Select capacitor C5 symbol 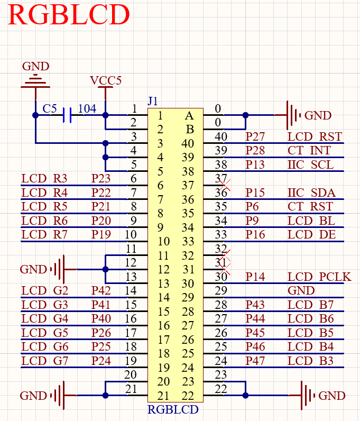click(x=67, y=115)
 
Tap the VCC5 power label click(x=106, y=81)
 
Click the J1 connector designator click(x=153, y=100)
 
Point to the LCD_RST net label click(x=315, y=137)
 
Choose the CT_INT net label click(x=309, y=151)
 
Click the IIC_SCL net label click(x=311, y=165)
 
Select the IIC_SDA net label click(x=311, y=193)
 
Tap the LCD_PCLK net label click(x=319, y=277)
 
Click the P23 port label click(x=101, y=179)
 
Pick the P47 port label click(x=256, y=361)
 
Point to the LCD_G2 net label click(x=45, y=290)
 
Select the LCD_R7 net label click(x=45, y=234)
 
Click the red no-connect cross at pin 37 click(x=225, y=185)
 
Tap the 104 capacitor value click(x=87, y=108)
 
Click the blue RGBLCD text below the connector click(x=173, y=409)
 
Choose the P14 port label click(x=256, y=277)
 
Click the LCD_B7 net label click(x=311, y=305)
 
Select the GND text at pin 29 click(x=301, y=290)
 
